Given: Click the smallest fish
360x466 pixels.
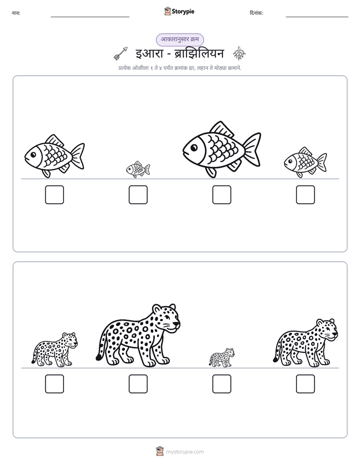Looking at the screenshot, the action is point(138,169).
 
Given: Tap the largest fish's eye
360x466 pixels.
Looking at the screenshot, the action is point(194,147).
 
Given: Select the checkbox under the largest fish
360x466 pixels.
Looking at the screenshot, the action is point(221,195).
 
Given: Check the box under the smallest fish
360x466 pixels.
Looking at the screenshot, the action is point(138,195).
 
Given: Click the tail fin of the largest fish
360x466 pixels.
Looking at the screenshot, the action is point(252,149).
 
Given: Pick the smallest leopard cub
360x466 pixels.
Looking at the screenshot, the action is point(221,358).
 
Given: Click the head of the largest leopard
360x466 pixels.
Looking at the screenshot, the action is point(166,317).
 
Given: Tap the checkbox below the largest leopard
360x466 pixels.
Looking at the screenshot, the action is point(138,384).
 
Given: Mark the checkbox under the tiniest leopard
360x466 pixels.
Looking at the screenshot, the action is point(221,384).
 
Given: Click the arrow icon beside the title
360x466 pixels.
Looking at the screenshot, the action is point(121,53).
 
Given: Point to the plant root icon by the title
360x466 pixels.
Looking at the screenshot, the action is point(239,53).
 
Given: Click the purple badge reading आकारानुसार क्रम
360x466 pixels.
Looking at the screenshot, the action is point(179,39).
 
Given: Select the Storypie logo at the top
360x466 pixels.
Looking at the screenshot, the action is point(179,11).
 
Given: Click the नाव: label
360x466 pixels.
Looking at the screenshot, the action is point(16,13).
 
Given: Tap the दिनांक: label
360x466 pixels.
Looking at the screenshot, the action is point(256,13).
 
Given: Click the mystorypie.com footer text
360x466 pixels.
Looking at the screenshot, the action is point(185,452).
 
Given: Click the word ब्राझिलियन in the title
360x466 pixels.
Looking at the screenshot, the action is point(199,53).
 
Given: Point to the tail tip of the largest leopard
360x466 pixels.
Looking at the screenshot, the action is point(99,358).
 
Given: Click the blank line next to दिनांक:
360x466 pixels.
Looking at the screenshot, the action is point(317,17).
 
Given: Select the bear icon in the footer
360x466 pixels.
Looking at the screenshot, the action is point(160,451).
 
